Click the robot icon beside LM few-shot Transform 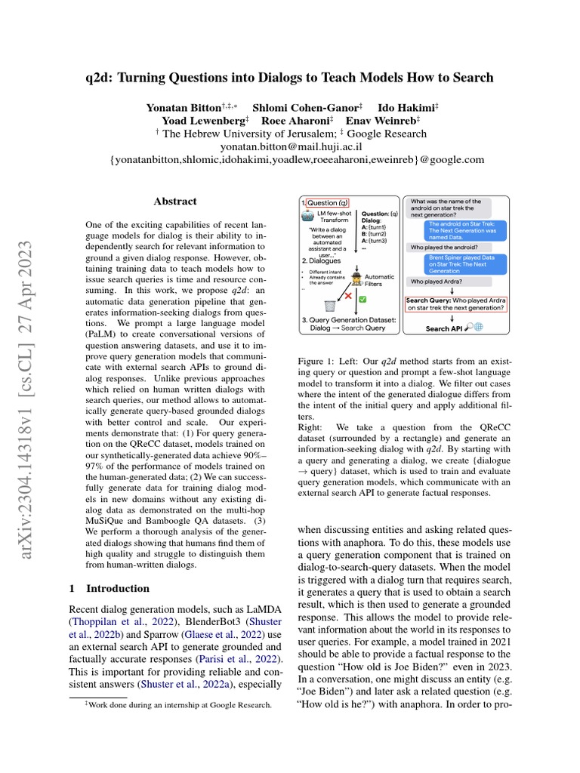[307, 217]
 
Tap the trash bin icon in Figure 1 [329, 305]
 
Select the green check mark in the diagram [362, 300]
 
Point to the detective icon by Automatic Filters [355, 276]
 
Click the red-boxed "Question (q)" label [326, 203]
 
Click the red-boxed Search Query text [455, 303]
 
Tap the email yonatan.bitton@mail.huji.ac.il [290, 147]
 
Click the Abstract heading [175, 202]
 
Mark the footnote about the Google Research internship [171, 705]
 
